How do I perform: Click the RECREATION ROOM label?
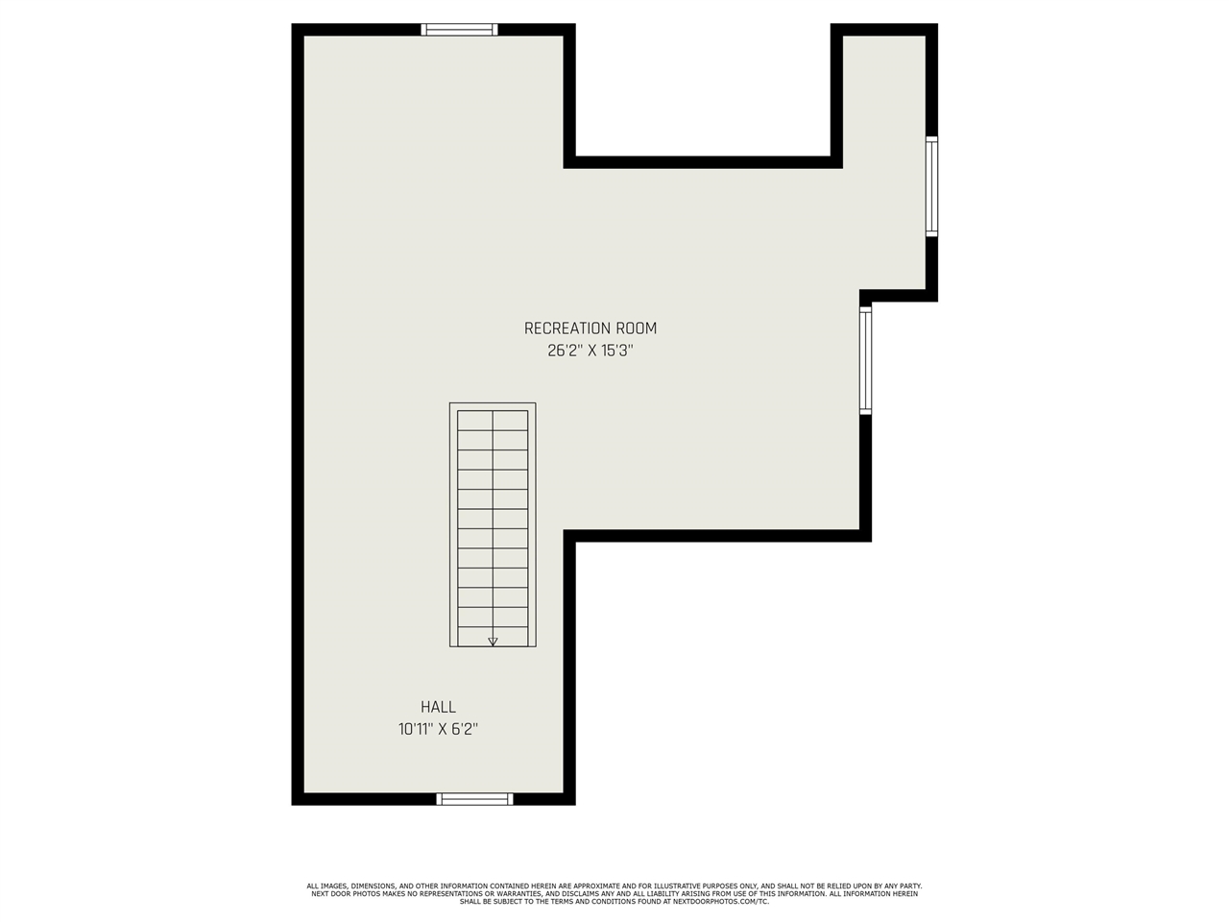click(x=590, y=328)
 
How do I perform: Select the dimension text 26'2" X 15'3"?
click(x=590, y=352)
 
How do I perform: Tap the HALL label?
click(x=438, y=707)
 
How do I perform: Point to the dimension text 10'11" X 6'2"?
click(x=438, y=730)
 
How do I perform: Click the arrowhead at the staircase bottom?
click(x=493, y=641)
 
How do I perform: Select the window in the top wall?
click(x=460, y=30)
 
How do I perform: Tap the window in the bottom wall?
click(x=474, y=798)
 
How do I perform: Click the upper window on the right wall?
click(x=931, y=186)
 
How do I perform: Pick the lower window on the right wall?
click(x=865, y=359)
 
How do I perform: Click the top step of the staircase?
click(x=493, y=421)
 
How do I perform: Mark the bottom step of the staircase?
click(x=493, y=636)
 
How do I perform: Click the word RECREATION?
click(x=567, y=328)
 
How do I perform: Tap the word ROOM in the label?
click(x=637, y=328)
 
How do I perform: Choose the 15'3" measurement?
click(x=616, y=352)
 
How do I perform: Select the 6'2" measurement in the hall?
click(x=465, y=730)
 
